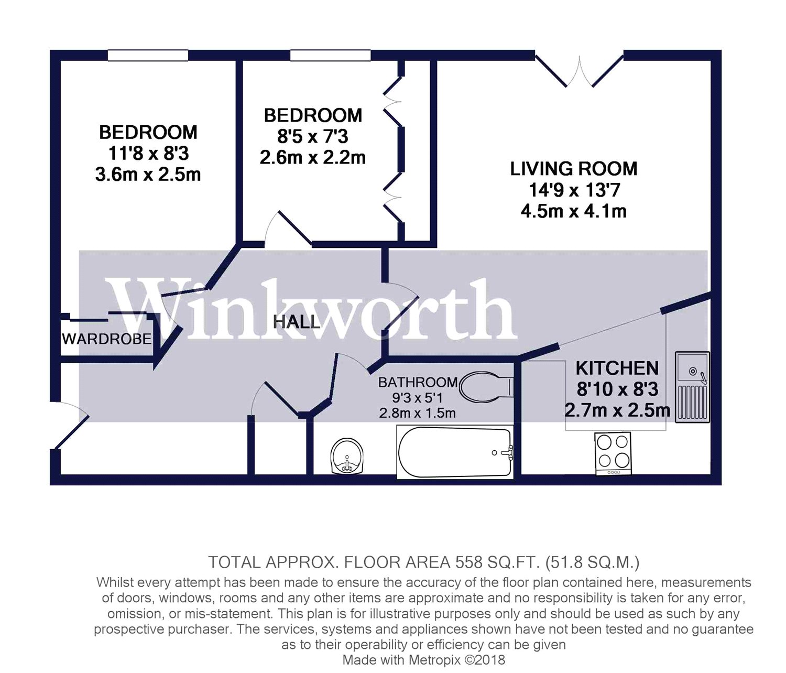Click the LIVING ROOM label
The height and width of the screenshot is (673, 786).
click(574, 169)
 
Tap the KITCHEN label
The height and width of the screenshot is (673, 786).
click(617, 368)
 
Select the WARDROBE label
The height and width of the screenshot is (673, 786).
click(107, 339)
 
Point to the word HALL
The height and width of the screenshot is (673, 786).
click(297, 322)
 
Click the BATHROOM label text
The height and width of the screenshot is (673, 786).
click(418, 382)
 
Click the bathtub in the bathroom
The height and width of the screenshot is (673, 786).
click(454, 452)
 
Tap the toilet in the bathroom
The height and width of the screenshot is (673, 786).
click(486, 387)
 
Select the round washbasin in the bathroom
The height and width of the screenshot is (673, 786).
click(347, 456)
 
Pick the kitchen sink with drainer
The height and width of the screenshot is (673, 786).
click(692, 387)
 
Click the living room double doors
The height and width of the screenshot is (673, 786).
click(580, 71)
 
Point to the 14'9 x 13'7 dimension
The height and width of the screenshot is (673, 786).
click(574, 190)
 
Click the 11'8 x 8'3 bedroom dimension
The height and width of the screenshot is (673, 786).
click(148, 154)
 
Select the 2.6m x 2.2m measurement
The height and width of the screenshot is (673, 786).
click(313, 158)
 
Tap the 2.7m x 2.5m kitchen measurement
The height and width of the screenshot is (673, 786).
click(617, 410)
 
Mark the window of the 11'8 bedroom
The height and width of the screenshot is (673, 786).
click(148, 55)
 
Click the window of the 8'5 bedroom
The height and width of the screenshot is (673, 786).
click(330, 55)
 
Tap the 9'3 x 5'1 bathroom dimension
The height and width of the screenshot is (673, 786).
click(418, 398)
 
